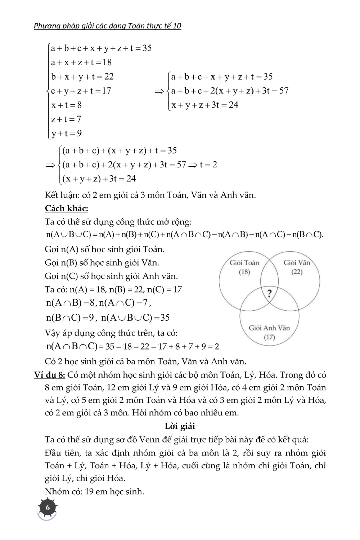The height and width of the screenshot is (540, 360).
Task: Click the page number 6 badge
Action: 48,508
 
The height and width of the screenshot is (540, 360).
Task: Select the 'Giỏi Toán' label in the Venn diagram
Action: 244,263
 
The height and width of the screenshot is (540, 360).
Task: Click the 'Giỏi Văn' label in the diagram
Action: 297,262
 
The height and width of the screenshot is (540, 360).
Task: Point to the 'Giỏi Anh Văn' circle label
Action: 269,328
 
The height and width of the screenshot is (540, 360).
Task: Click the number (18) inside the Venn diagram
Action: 244,272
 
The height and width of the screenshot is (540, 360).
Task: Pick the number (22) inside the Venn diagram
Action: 297,272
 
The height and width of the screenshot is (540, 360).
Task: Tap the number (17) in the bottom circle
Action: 269,337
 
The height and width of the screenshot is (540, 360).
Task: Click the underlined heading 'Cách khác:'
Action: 67,208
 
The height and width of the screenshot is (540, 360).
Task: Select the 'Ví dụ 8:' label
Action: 50,375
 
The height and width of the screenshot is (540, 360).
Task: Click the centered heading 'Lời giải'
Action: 180,426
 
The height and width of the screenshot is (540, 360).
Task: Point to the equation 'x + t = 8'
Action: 67,105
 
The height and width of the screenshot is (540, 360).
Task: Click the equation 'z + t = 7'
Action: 66,119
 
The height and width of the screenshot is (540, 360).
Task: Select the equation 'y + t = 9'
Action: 67,134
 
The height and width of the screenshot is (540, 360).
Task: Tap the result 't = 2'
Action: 208,165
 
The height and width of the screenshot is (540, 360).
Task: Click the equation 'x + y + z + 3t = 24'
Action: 205,105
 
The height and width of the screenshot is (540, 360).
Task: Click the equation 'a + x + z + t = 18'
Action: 81,62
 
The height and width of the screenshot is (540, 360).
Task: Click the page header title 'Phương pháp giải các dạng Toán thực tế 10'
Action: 108,26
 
